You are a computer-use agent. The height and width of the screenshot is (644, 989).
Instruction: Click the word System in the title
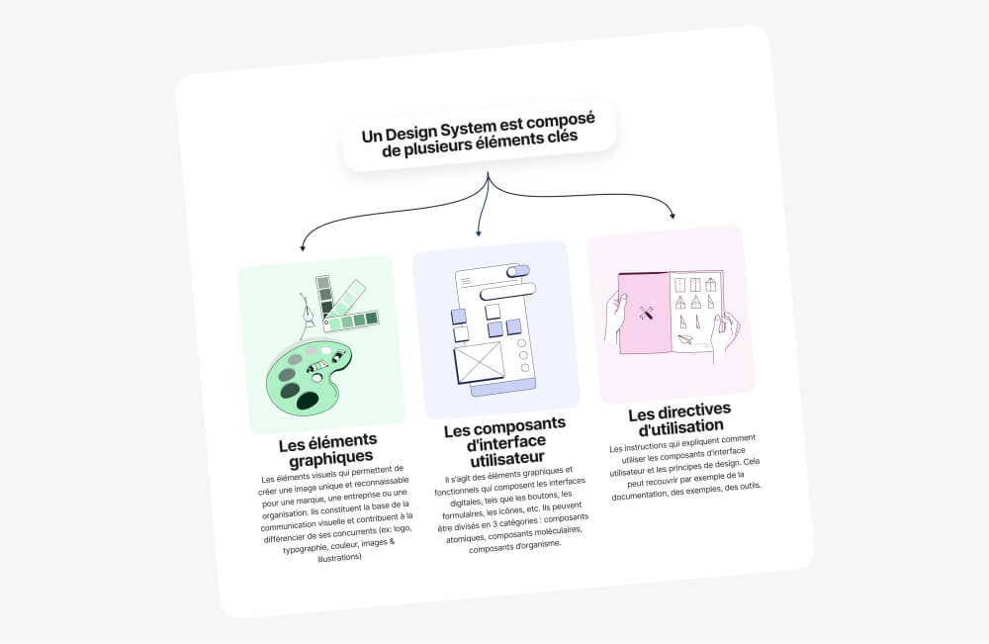[x=468, y=130]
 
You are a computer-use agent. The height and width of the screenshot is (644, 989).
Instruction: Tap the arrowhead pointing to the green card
[x=303, y=248]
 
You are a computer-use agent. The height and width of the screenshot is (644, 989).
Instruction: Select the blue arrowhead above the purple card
[x=478, y=232]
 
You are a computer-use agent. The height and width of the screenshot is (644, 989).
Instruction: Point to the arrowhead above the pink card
[x=673, y=215]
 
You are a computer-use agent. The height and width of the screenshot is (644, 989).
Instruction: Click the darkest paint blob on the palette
[x=308, y=401]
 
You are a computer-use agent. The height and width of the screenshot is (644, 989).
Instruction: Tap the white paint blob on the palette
[x=326, y=350]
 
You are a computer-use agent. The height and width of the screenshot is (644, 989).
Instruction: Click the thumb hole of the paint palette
[x=316, y=378]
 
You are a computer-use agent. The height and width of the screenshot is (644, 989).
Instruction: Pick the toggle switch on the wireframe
[x=518, y=271]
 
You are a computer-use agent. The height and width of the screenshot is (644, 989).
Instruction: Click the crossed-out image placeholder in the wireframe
[x=480, y=363]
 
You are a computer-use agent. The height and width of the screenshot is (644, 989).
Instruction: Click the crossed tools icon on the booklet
[x=646, y=313]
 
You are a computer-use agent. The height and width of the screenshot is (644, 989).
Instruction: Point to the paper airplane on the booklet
[x=685, y=340]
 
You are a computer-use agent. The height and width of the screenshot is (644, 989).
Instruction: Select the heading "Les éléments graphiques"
[x=328, y=450]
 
